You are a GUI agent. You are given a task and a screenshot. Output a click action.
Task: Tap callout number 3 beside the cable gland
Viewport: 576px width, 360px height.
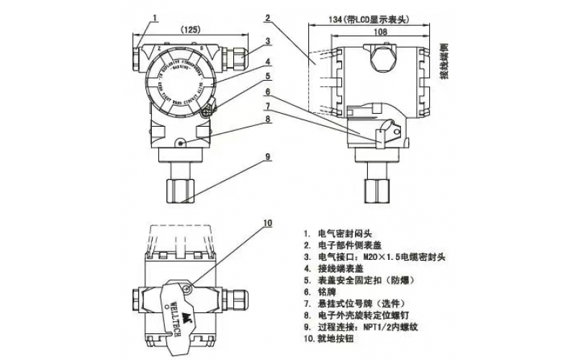point(266,41)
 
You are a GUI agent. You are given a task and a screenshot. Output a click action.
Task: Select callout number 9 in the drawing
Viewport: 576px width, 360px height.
point(266,156)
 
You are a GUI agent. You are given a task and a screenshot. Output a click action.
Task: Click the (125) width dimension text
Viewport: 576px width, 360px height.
point(189,30)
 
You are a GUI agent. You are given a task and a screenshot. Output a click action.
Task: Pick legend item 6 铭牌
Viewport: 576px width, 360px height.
point(323,292)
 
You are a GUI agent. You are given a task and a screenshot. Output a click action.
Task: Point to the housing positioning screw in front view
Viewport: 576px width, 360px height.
point(179,143)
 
